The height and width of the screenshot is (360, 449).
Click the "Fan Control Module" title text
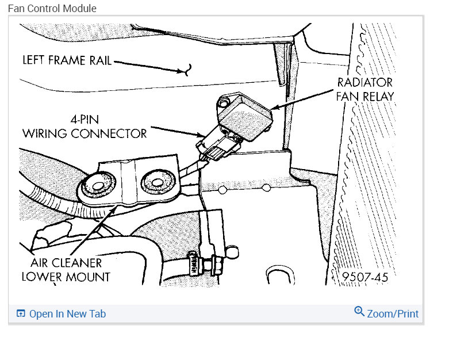click(52, 9)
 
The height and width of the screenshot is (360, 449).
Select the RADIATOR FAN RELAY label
click(365, 89)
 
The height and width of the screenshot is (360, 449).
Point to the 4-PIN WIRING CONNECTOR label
click(85, 127)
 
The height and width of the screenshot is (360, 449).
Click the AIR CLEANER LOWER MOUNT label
click(66, 269)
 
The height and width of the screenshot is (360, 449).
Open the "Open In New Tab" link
click(67, 314)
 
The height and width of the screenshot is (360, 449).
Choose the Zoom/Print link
click(393, 314)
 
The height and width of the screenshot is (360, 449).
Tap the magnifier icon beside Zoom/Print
click(359, 312)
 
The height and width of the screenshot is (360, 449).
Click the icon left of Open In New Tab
click(21, 314)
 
